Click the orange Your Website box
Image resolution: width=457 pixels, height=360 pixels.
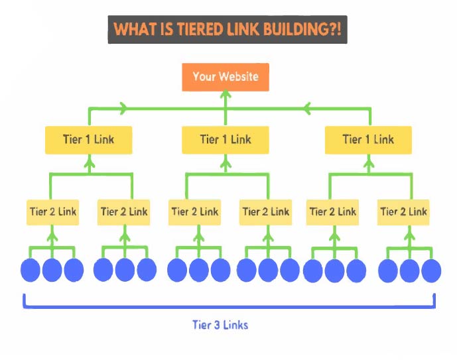(x=226, y=77)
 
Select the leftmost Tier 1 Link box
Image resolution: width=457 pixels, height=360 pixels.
(x=88, y=140)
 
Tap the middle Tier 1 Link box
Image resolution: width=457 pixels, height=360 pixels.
(x=226, y=140)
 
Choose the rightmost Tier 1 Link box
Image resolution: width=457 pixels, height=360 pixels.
(x=368, y=140)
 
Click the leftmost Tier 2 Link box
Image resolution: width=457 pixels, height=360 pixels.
(x=52, y=212)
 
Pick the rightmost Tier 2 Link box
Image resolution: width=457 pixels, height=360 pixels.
(x=403, y=212)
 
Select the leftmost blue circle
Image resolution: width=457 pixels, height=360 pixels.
(x=31, y=270)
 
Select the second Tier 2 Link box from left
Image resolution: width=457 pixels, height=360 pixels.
(x=124, y=212)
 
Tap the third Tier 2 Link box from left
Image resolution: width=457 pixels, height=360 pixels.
(x=195, y=212)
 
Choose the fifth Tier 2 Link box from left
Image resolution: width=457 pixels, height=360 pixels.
(x=332, y=212)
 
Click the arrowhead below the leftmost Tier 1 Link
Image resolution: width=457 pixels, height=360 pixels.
(x=89, y=162)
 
